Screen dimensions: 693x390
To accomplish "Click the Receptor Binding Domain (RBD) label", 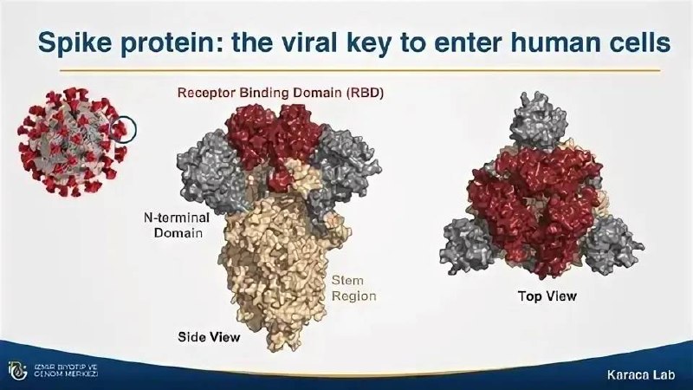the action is click(280, 93).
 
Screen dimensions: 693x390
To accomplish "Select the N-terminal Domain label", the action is click(177, 225).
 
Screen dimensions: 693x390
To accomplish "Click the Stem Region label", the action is click(353, 288).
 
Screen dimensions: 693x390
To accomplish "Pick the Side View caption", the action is click(209, 337).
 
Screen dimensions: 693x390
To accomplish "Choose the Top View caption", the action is click(547, 296).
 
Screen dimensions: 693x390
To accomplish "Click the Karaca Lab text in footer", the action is click(641, 375).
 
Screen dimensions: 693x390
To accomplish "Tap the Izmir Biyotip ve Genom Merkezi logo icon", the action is click(17, 371).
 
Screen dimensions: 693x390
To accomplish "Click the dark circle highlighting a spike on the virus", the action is click(122, 129).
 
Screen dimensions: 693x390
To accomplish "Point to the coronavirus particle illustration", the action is click(73, 142).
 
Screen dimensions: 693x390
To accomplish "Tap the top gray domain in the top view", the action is click(538, 120).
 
